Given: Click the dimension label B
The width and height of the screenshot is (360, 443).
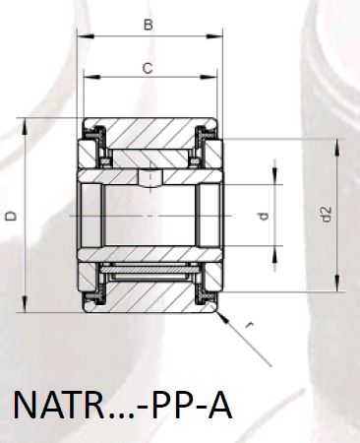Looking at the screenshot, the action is click(x=149, y=25).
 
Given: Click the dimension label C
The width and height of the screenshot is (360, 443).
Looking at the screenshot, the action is click(x=148, y=68).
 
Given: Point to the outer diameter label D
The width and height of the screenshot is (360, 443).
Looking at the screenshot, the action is click(x=12, y=216).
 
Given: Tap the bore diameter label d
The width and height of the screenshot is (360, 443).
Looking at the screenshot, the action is click(x=264, y=216).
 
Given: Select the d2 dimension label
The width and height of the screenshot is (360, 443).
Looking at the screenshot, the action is click(x=326, y=214).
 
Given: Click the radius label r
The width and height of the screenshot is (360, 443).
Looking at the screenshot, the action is click(x=250, y=325).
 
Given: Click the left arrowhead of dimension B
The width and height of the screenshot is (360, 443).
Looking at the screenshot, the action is click(x=86, y=35).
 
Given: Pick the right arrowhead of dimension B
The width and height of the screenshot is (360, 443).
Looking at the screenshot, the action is click(x=214, y=35).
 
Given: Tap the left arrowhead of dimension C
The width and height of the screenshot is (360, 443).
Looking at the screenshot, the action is click(x=91, y=77).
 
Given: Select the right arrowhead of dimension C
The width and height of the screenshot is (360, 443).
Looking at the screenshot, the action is click(x=210, y=77).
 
